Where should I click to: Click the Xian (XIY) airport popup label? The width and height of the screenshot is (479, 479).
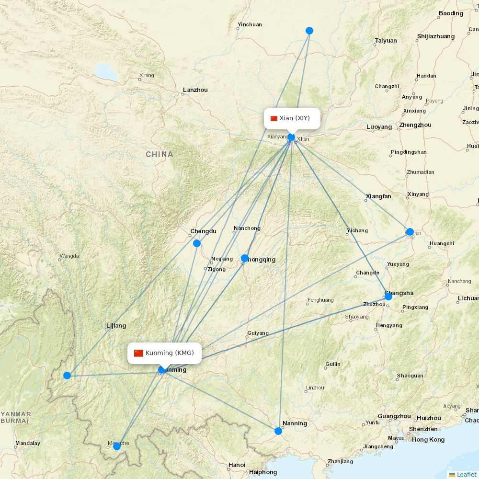pyautogui.click(x=292, y=118)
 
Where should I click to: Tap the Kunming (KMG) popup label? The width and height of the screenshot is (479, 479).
pyautogui.click(x=164, y=353)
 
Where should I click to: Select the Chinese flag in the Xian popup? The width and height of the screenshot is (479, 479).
pyautogui.click(x=274, y=118)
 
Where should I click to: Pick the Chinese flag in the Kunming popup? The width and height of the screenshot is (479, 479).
pyautogui.click(x=138, y=353)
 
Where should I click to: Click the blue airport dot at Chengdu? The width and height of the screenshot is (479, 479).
pyautogui.click(x=196, y=243)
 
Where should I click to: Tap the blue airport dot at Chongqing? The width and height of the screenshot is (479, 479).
pyautogui.click(x=245, y=258)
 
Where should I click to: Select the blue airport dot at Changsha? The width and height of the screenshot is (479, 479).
pyautogui.click(x=388, y=297)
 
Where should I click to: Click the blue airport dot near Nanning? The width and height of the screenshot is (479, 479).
pyautogui.click(x=278, y=431)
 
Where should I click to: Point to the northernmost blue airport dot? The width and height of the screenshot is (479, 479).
pyautogui.click(x=309, y=31)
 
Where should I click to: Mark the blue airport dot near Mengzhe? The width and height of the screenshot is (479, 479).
pyautogui.click(x=116, y=446)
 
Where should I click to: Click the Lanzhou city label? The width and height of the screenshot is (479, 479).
pyautogui.click(x=195, y=90)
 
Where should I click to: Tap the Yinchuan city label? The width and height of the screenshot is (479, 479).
pyautogui.click(x=250, y=24)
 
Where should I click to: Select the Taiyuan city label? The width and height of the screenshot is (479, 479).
pyautogui.click(x=386, y=41)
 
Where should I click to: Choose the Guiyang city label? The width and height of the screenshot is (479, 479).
pyautogui.click(x=258, y=333)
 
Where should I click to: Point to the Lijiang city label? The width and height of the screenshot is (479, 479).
pyautogui.click(x=116, y=326)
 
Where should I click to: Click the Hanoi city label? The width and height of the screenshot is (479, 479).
pyautogui.click(x=237, y=465)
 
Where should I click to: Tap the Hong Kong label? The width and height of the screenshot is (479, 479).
pyautogui.click(x=428, y=439)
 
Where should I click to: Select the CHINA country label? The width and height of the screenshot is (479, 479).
pyautogui.click(x=160, y=154)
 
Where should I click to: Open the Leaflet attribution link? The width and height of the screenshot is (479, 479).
pyautogui.click(x=466, y=474)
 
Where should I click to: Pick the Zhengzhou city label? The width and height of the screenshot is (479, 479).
pyautogui.click(x=415, y=125)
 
